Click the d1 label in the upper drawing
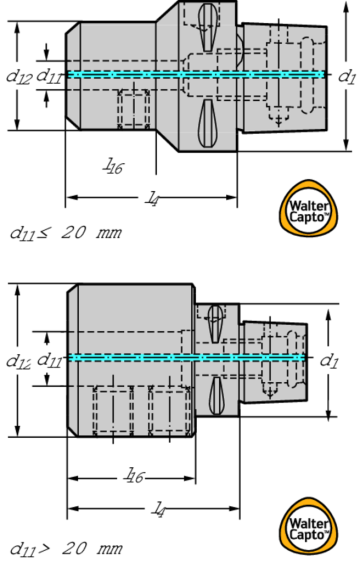[x=346, y=75]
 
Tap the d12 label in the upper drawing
[x=19, y=76]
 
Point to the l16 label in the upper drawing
[x=114, y=166]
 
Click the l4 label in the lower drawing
[x=158, y=509]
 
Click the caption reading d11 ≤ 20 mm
[x=66, y=233]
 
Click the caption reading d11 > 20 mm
[x=66, y=547]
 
